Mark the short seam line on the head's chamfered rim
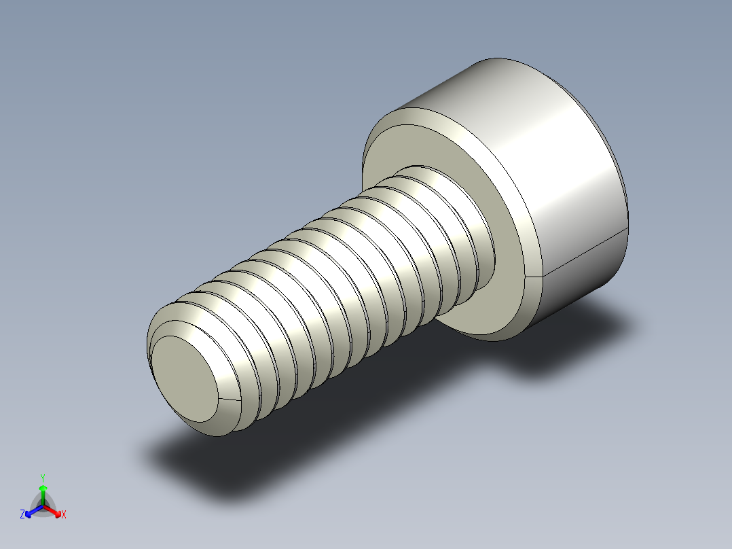(x=535, y=277)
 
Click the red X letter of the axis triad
(x=64, y=515)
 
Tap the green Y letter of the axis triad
(x=43, y=478)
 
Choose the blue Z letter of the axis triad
(x=22, y=515)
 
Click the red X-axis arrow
(x=54, y=510)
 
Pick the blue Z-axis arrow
(x=32, y=511)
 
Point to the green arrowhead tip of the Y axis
(x=43, y=487)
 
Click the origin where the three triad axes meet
(x=43, y=506)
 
